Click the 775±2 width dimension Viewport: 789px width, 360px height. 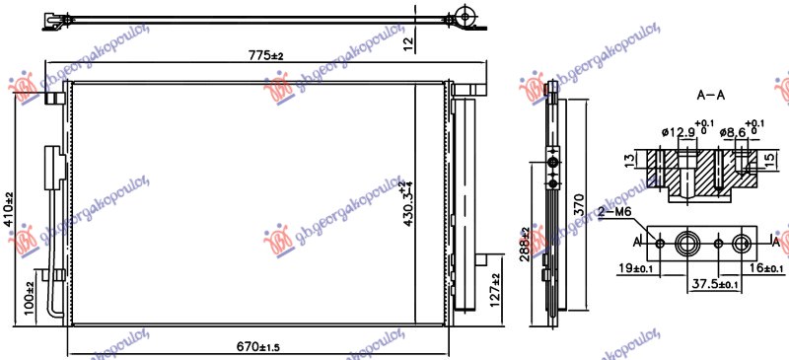(265, 55)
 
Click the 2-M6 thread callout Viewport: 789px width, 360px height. (615, 211)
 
